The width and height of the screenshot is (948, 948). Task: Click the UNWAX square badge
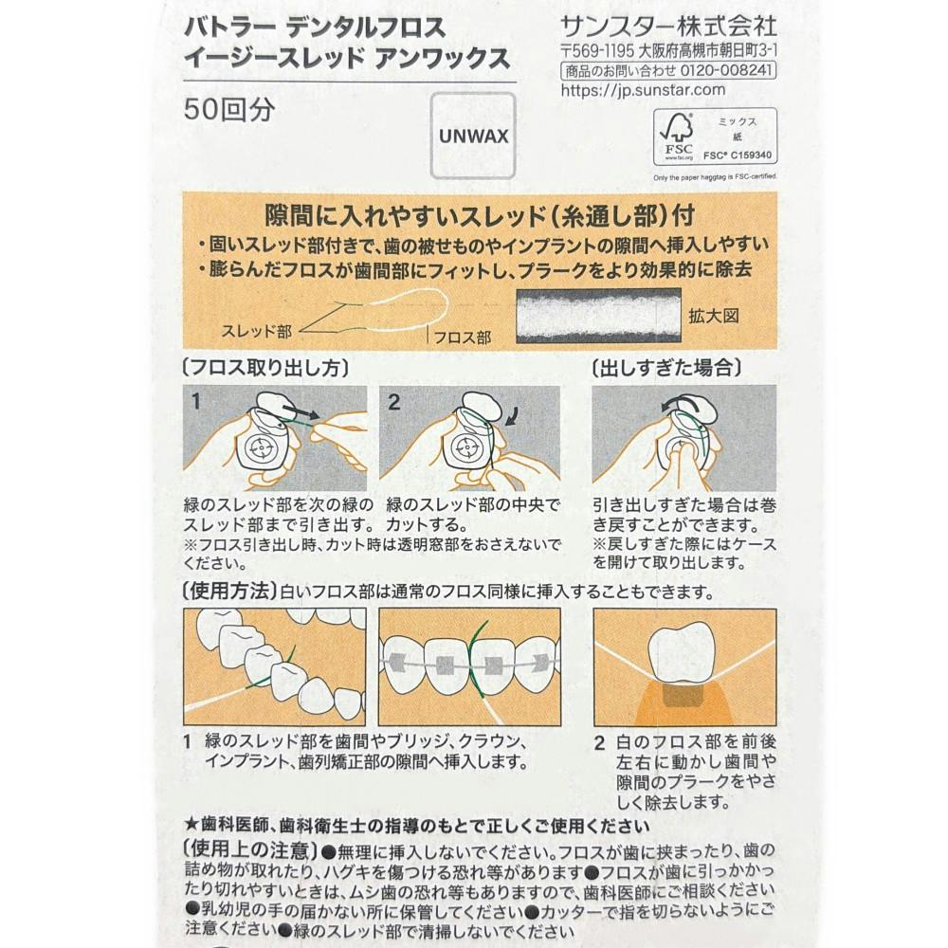[473, 136]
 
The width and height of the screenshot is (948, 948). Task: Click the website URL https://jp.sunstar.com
[643, 90]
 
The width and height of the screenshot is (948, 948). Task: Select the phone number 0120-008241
[726, 70]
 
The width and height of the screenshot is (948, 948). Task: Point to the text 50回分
[229, 109]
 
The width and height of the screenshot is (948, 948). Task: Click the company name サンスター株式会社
[668, 27]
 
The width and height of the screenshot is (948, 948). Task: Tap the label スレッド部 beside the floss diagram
[256, 331]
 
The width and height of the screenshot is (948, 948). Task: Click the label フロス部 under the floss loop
[463, 337]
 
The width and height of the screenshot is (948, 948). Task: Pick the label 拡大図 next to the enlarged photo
[714, 316]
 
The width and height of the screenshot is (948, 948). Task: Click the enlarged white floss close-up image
[598, 315]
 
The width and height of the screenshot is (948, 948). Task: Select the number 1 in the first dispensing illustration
[195, 401]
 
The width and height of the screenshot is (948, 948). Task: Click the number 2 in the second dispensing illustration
[393, 402]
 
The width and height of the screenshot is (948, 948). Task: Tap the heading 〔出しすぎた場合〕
[666, 367]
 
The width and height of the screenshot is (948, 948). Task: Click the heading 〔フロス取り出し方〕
[266, 367]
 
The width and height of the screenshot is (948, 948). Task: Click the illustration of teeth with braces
[469, 666]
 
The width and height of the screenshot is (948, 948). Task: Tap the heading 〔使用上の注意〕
[251, 850]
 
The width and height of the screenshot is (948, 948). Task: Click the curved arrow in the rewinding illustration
[677, 401]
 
